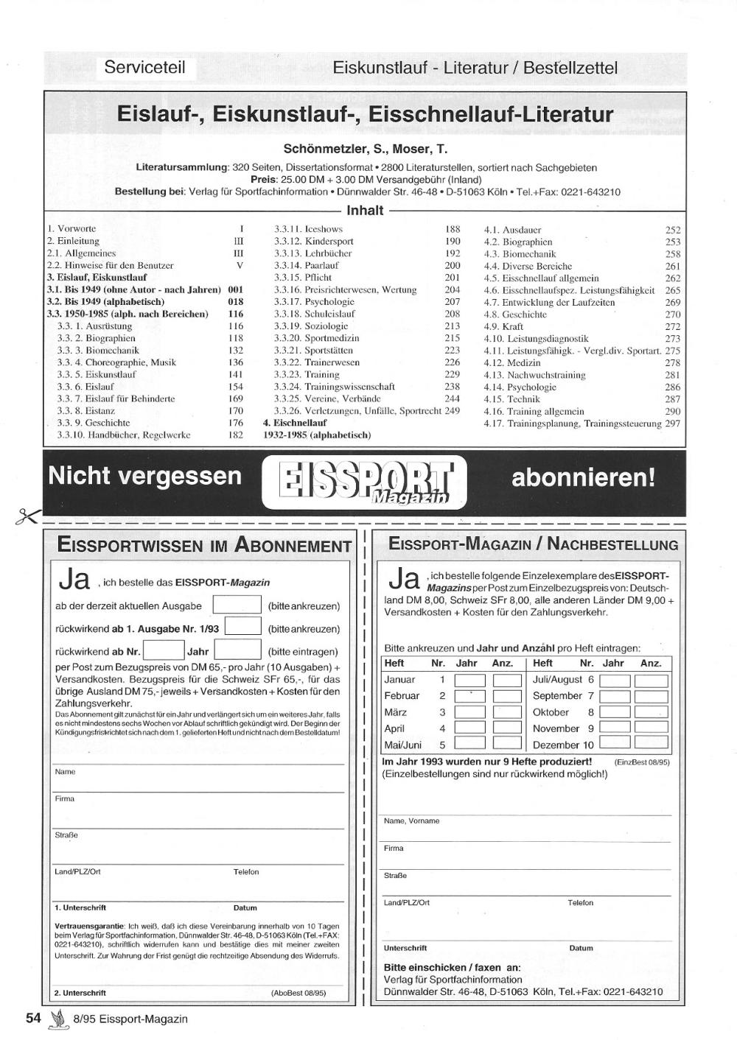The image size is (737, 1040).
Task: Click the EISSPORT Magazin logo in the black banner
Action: [x=365, y=482]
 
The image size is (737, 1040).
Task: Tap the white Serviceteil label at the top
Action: [x=144, y=68]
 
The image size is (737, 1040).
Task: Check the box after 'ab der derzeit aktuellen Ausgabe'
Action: [x=237, y=605]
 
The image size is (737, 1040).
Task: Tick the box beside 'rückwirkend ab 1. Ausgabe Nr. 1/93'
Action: [x=242, y=627]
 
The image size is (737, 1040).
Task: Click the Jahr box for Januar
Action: [x=469, y=680]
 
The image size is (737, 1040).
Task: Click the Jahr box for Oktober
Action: [x=615, y=712]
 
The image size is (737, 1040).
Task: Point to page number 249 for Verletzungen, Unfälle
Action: [x=452, y=411]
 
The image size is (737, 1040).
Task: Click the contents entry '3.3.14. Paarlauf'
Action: [x=307, y=265]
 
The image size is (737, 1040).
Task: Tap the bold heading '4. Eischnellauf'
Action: [x=295, y=423]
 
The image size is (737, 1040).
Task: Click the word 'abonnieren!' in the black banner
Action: [x=583, y=477]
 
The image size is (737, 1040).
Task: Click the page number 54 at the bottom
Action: [x=33, y=1019]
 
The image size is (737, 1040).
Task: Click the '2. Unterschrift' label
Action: [x=80, y=993]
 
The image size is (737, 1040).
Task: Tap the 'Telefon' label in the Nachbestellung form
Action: [x=580, y=902]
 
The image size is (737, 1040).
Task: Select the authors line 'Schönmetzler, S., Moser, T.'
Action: [x=365, y=149]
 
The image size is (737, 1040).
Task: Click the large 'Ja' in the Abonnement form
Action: [x=74, y=579]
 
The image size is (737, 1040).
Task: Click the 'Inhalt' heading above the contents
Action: [x=365, y=211]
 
